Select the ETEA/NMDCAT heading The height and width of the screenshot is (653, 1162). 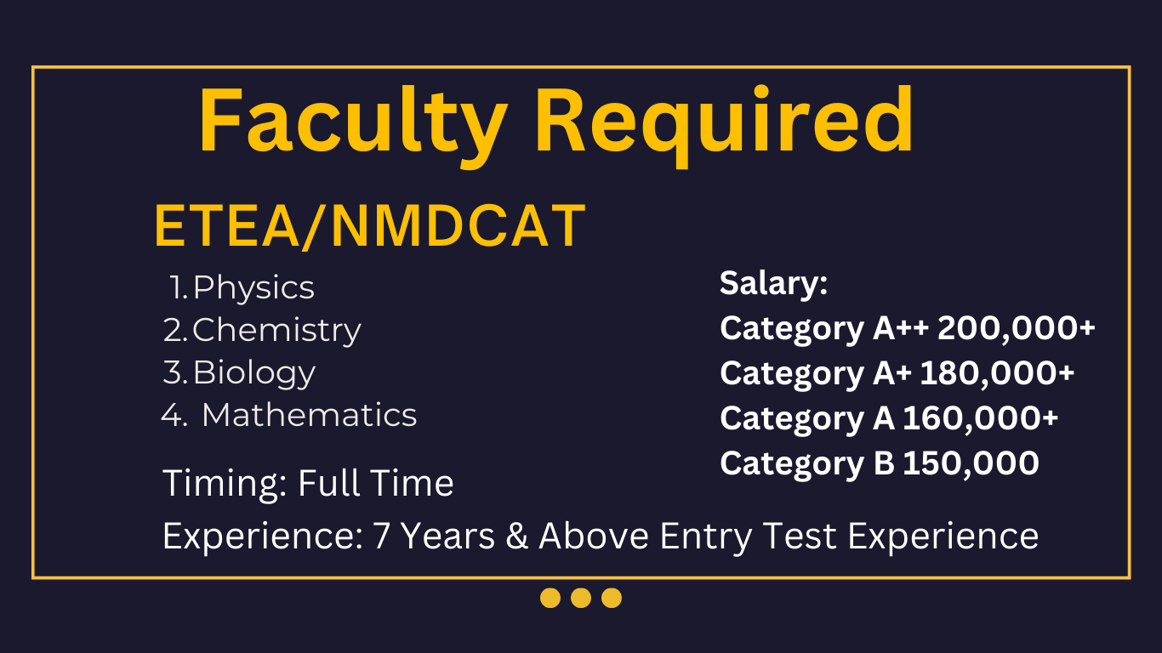pyautogui.click(x=370, y=226)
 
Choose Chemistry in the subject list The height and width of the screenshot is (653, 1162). pyautogui.click(x=276, y=331)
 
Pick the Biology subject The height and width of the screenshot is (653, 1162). pyautogui.click(x=254, y=373)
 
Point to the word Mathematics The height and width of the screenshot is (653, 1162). pyautogui.click(x=309, y=415)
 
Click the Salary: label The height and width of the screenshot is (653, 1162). pyautogui.click(x=773, y=283)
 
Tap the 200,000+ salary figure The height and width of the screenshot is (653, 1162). pyautogui.click(x=1017, y=328)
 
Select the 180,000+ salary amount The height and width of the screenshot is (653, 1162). pyautogui.click(x=997, y=373)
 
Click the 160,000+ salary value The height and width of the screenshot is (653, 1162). pyautogui.click(x=981, y=418)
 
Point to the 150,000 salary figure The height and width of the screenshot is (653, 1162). pyautogui.click(x=971, y=463)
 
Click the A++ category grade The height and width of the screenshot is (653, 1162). pyautogui.click(x=901, y=328)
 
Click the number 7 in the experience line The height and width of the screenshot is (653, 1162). pyautogui.click(x=381, y=537)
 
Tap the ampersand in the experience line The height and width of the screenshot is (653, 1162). pyautogui.click(x=516, y=537)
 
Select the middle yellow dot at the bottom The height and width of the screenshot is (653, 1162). pyautogui.click(x=581, y=598)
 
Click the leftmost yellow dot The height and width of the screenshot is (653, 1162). pyautogui.click(x=550, y=598)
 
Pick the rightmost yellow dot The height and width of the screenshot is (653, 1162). pyautogui.click(x=612, y=598)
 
